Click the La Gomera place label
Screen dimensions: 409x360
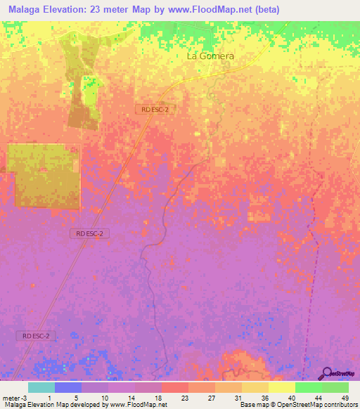pyautogui.click(x=210, y=56)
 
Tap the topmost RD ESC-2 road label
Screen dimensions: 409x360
pyautogui.click(x=154, y=109)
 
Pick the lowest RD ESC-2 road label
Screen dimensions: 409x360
pyautogui.click(x=36, y=337)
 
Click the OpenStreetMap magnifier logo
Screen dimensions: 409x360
pyautogui.click(x=327, y=374)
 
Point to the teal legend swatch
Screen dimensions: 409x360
pyautogui.click(x=41, y=387)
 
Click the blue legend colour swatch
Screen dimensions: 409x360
pyautogui.click(x=68, y=387)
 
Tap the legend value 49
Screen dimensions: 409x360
pyautogui.click(x=344, y=397)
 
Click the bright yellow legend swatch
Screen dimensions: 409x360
pyautogui.click(x=281, y=387)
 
